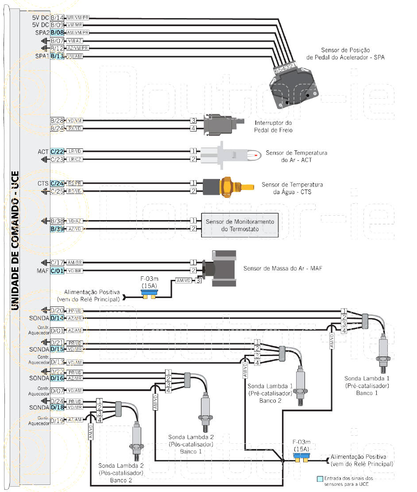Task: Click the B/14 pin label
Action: [x=58, y=18]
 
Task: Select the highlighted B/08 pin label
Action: [x=58, y=33]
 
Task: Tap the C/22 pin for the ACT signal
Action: [x=58, y=151]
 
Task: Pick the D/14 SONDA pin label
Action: [x=58, y=318]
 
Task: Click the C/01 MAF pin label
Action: [x=58, y=271]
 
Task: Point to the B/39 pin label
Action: [x=58, y=229]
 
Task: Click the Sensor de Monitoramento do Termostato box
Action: [x=240, y=225]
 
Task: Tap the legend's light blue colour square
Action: [x=320, y=479]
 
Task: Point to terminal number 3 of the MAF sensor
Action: [x=199, y=280]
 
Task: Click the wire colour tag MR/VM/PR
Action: [x=78, y=18]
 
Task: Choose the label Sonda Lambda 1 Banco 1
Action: [x=367, y=385]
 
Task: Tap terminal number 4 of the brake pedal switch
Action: [x=193, y=128]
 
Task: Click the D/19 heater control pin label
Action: [x=58, y=421]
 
